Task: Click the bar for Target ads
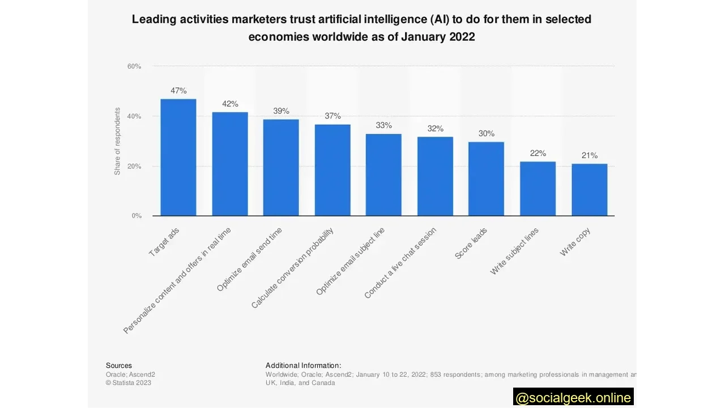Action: click(178, 158)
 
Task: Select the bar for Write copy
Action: click(589, 190)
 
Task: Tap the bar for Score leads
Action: click(486, 178)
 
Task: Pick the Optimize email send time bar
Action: click(281, 168)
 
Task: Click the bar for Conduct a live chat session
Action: click(435, 176)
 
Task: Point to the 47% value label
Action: click(178, 91)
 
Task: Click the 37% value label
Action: click(332, 116)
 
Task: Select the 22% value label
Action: click(538, 154)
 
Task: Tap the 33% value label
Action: click(383, 125)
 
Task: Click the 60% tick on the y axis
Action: click(134, 66)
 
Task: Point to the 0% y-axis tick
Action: click(137, 216)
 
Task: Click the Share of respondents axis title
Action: click(118, 141)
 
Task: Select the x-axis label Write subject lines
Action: click(514, 251)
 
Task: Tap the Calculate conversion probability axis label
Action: click(293, 268)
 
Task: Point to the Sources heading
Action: click(119, 365)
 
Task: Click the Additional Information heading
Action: click(303, 365)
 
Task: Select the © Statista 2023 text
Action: click(129, 382)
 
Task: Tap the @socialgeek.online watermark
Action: click(573, 398)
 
